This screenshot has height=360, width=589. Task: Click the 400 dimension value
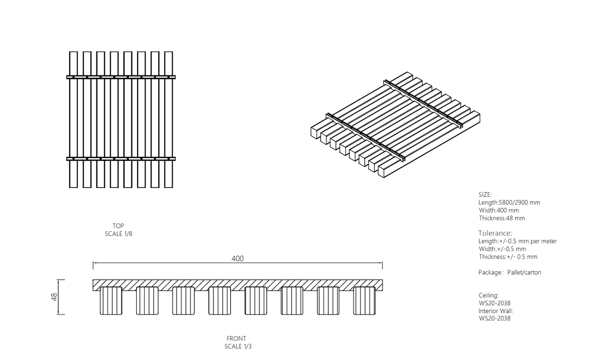tap(237, 259)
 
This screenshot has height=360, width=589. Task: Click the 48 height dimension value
tap(54, 297)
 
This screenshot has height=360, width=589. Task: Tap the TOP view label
tap(118, 226)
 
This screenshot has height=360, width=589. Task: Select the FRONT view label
tap(236, 338)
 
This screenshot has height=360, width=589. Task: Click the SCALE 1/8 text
tap(118, 234)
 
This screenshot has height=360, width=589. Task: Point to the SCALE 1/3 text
tap(238, 346)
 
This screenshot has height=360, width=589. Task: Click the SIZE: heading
tap(485, 194)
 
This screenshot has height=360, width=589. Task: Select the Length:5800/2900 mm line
tap(509, 202)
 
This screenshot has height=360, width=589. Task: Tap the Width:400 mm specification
tap(499, 211)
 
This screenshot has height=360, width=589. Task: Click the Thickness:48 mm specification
tap(502, 218)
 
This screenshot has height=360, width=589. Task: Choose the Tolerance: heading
tap(495, 233)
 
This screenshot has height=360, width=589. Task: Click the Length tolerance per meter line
tap(518, 241)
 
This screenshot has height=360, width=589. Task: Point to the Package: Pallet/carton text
tap(510, 272)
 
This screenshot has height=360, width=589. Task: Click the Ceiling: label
tap(489, 295)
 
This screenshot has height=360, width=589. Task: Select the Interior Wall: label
tap(495, 311)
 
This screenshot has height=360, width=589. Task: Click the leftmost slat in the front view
tap(111, 301)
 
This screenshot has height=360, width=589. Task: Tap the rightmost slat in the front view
tap(364, 301)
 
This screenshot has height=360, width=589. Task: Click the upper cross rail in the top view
tap(121, 77)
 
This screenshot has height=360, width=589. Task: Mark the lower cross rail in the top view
tap(121, 159)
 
